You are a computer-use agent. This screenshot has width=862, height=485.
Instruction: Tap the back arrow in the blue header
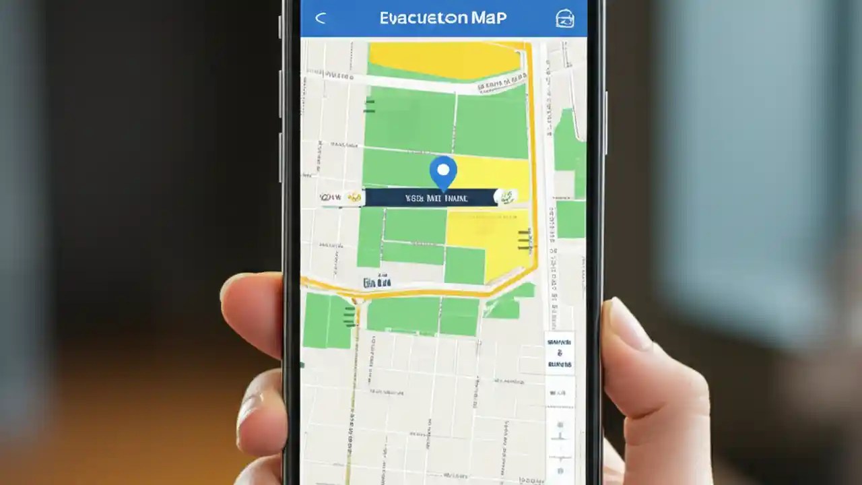click(321, 18)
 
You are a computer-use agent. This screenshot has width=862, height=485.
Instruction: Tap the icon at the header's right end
click(564, 19)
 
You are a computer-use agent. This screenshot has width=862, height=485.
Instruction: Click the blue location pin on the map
click(442, 172)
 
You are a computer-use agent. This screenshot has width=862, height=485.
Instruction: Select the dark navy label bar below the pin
click(431, 197)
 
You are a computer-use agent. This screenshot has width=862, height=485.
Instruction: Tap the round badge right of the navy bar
click(506, 197)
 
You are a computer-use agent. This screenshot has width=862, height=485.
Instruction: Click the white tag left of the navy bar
click(341, 197)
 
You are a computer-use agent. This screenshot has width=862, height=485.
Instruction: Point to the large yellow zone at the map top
click(444, 60)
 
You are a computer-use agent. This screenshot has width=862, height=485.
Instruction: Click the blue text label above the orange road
click(376, 283)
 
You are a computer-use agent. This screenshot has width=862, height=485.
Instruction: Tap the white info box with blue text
click(559, 353)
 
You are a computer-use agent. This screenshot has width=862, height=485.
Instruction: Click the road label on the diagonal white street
click(502, 84)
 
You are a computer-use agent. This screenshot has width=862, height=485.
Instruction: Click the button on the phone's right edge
click(606, 121)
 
